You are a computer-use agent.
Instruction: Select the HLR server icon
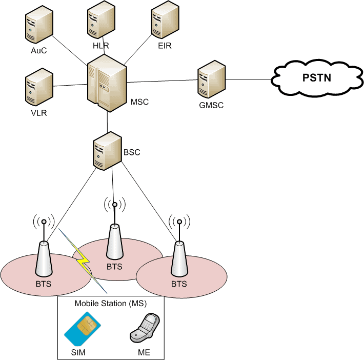click(99, 20)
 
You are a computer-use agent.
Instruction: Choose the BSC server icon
click(107, 150)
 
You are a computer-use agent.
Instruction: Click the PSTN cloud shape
click(316, 78)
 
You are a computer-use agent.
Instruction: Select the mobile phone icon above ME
click(145, 329)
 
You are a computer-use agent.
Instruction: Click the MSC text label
click(139, 102)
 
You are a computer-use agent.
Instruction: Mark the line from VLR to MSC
click(71, 85)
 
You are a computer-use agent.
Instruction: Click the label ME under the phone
click(144, 353)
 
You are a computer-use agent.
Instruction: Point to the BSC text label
click(132, 152)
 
